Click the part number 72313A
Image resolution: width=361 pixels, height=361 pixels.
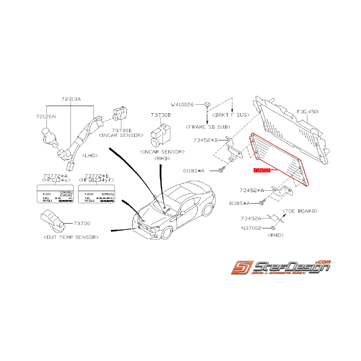71,99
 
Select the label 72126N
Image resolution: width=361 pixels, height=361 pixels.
46,116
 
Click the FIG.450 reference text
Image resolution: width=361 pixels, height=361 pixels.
307,112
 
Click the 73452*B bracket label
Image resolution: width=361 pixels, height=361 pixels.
206,140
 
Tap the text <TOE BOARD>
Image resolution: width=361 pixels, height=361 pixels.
300,211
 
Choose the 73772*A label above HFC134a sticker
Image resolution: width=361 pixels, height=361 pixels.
56,176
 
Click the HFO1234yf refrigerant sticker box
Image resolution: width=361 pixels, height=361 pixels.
97,193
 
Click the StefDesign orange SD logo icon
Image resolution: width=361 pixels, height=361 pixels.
242,268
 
